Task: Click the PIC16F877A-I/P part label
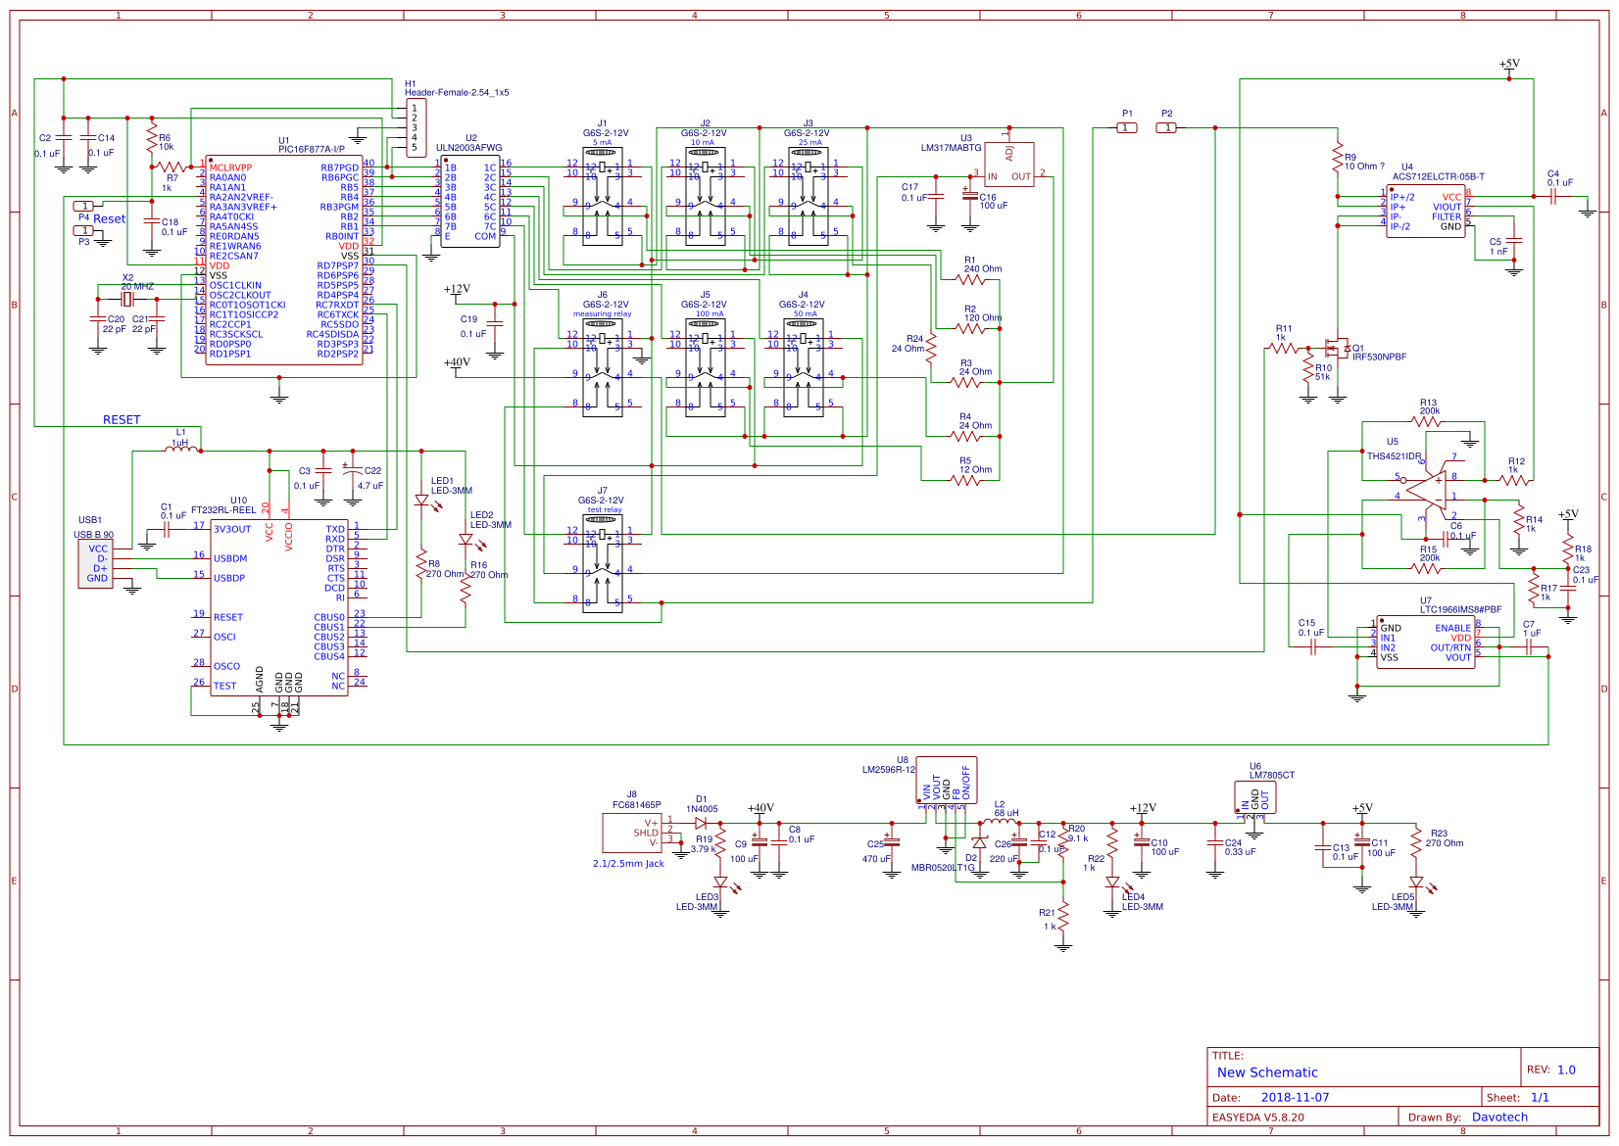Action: [x=312, y=149]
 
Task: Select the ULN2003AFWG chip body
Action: [x=470, y=202]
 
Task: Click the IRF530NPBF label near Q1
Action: [x=1379, y=357]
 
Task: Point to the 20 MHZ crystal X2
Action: [x=126, y=299]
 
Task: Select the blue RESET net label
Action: [x=122, y=419]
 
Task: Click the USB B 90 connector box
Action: [x=96, y=563]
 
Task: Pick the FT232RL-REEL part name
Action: [x=223, y=509]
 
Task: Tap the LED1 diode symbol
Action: [x=422, y=501]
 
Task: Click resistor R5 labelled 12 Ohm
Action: [x=965, y=480]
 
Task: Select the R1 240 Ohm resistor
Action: [x=970, y=279]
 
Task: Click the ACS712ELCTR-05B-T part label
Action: [x=1438, y=177]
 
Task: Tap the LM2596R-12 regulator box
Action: [x=946, y=781]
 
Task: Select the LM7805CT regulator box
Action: [x=1254, y=797]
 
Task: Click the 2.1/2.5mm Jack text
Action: [x=628, y=863]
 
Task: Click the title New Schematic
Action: [x=1266, y=1073]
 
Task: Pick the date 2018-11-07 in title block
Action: [x=1295, y=1097]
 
